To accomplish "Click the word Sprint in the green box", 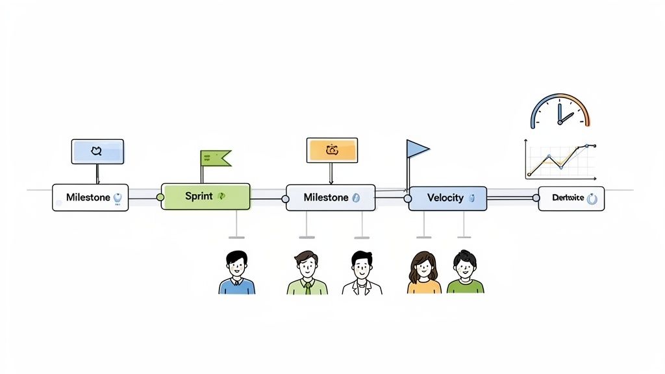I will tap(199, 196).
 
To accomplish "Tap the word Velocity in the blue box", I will tap(445, 197).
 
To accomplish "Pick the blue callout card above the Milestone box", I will tap(97, 151).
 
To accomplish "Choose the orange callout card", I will tap(332, 150).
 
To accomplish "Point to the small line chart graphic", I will tap(560, 160).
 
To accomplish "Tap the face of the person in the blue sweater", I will tap(236, 265).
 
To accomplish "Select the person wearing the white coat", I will tap(362, 273).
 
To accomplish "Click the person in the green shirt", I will tap(465, 273).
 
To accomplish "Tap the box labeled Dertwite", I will tap(571, 199).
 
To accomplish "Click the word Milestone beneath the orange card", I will tap(326, 197).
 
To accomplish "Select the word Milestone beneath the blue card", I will tap(88, 197).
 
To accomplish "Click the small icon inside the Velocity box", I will tap(472, 198).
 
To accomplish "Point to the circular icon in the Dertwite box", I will tap(592, 199).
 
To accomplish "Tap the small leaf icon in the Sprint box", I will tap(221, 196).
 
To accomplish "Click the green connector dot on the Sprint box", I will tap(160, 197).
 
